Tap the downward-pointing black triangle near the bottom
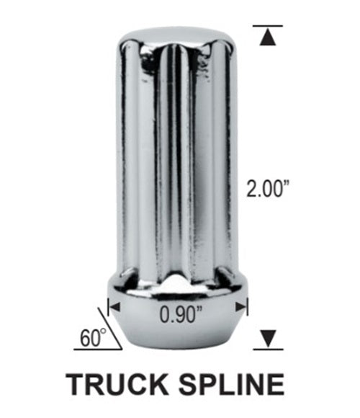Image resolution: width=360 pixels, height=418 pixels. coord(268,336)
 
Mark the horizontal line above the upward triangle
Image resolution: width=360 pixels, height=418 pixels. coord(268,26)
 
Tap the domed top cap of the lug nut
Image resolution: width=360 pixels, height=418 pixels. coord(177,36)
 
